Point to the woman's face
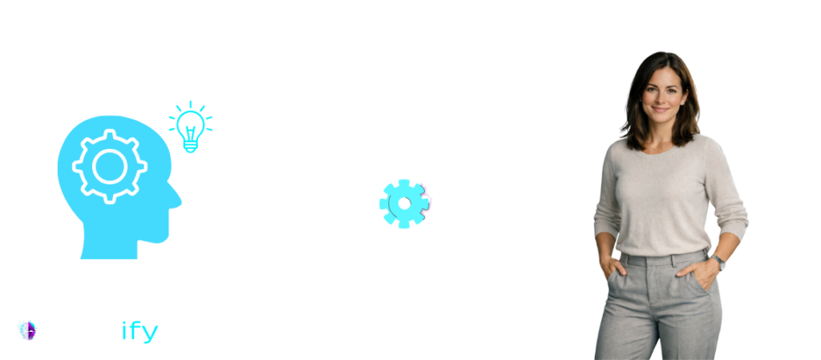click(x=662, y=94)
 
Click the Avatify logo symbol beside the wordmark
click(x=27, y=330)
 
